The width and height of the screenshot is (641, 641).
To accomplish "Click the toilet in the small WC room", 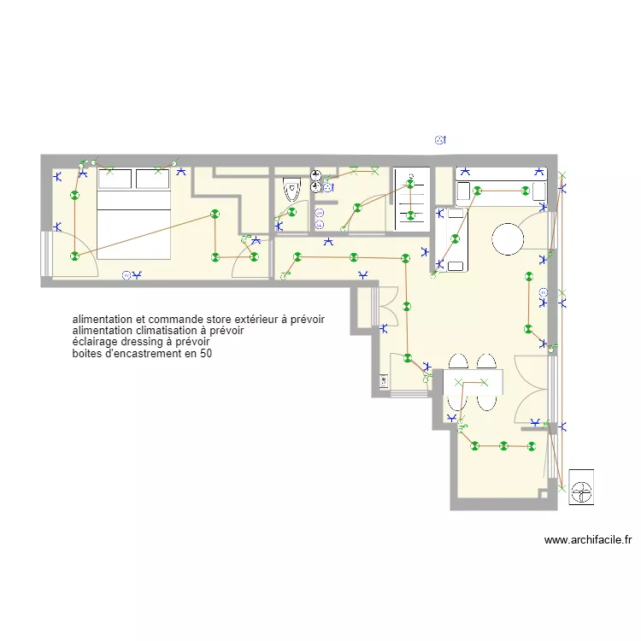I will [291, 189].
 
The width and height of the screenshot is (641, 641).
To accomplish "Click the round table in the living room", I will [508, 239].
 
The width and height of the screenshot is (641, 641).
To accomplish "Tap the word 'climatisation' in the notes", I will [167, 330].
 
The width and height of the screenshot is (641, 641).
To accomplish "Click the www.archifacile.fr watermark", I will [587, 540].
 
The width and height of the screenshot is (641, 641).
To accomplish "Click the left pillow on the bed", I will [116, 179].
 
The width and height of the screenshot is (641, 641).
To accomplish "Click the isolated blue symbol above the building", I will [440, 140].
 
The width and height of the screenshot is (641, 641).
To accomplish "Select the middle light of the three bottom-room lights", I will [503, 445].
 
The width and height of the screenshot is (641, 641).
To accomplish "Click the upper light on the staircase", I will [410, 184].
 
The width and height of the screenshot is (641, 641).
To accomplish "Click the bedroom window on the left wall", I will [45, 253].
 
